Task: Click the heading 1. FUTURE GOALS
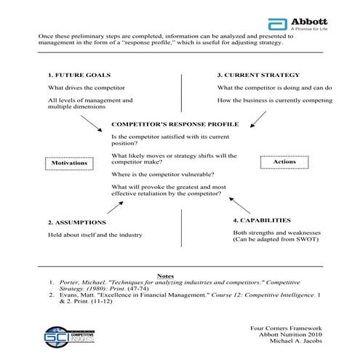pos(79,76)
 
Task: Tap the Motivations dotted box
pos(69,163)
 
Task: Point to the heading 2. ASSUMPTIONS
pos(77,222)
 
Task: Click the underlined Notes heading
pos(165,276)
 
